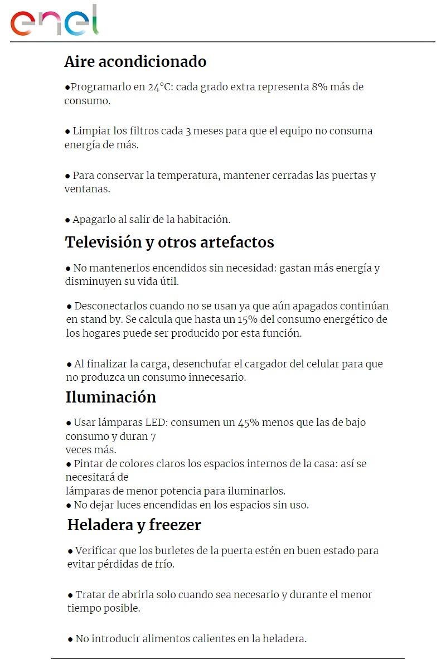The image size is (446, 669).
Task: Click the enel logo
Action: coord(54,21)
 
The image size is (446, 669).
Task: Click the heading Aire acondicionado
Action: coord(135,61)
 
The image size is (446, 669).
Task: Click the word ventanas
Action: coord(87,189)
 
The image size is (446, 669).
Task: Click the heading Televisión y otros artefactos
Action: coord(169,243)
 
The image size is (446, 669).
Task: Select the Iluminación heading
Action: coord(110,397)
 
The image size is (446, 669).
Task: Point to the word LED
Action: coord(156,423)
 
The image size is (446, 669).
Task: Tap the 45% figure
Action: coord(249,423)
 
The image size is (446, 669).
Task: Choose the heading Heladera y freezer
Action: coord(134,525)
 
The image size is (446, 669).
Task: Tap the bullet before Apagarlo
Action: coord(68,220)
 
